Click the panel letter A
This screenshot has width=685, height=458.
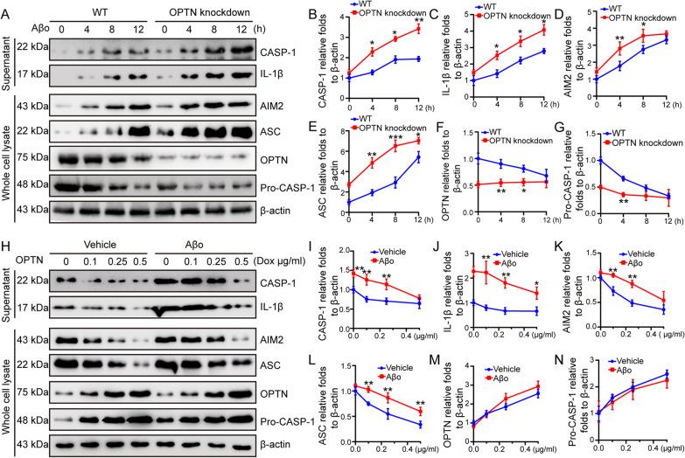pos(7,7)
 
